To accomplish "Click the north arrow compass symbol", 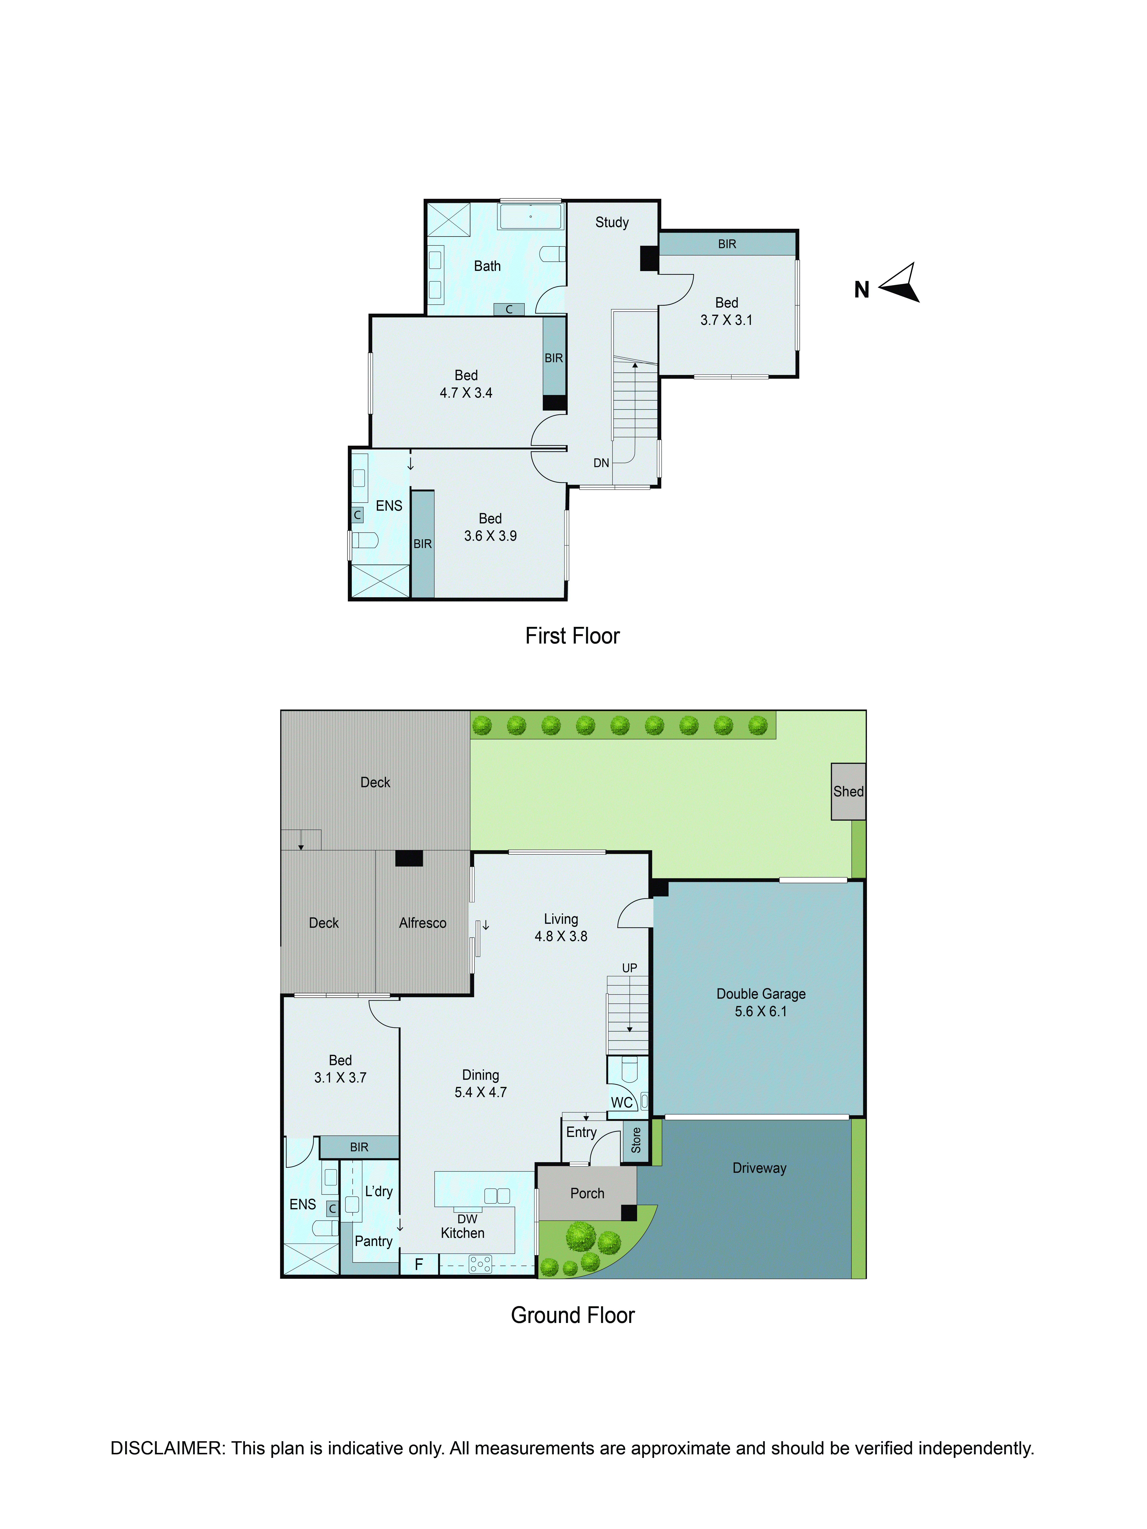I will pyautogui.click(x=900, y=283).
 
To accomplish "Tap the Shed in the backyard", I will pyautogui.click(x=848, y=791).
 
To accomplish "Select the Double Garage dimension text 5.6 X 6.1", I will pyautogui.click(x=761, y=1011).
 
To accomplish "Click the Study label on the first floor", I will pyautogui.click(x=612, y=223).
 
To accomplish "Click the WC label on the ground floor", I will pyautogui.click(x=621, y=1103).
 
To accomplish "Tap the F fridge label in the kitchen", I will pyautogui.click(x=418, y=1264).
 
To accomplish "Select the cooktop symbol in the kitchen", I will pyautogui.click(x=480, y=1264).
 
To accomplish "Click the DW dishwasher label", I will pyautogui.click(x=467, y=1219).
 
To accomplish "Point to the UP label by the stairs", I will pyautogui.click(x=629, y=968).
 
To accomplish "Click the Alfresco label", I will pyautogui.click(x=423, y=923).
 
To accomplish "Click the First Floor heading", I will pyautogui.click(x=572, y=636).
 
